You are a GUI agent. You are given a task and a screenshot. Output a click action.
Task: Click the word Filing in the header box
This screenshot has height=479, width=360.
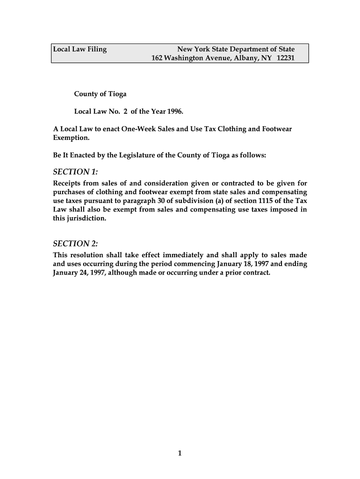point(95,49)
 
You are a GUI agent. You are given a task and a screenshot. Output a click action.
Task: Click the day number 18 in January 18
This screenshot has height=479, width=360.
point(245,264)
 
